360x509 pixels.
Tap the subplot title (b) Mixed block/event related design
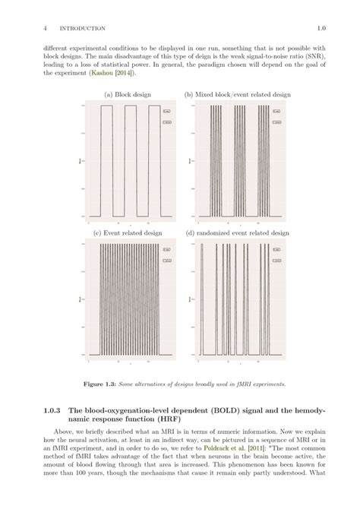(x=238, y=94)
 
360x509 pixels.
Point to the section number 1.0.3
(x=53, y=410)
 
